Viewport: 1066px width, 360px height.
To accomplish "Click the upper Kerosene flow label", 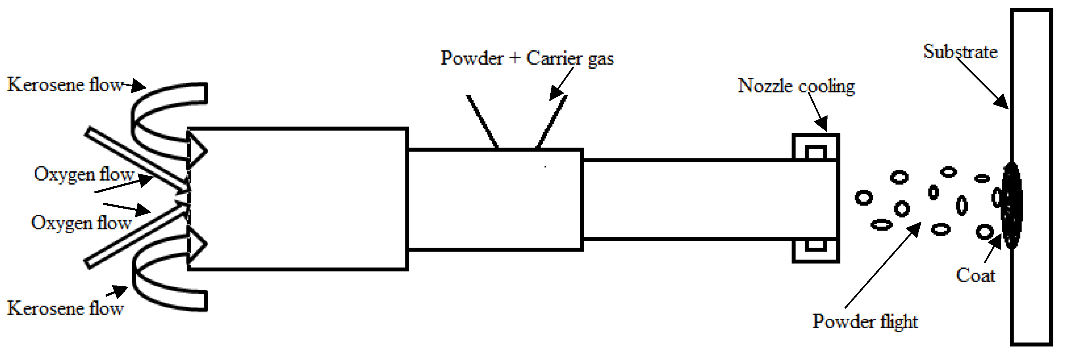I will (65, 85).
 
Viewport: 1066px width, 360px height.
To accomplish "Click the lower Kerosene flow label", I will (65, 309).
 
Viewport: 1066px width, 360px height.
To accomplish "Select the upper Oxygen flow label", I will (84, 175).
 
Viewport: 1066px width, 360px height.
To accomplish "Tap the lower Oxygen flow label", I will (81, 223).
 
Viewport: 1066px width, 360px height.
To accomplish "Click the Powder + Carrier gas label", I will (527, 58).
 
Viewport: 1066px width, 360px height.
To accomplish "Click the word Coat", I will (975, 276).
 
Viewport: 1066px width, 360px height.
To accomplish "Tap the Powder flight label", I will (864, 322).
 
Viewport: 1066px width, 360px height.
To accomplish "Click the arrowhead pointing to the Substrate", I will (1001, 102).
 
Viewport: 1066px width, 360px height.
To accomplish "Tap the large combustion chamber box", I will (298, 199).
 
